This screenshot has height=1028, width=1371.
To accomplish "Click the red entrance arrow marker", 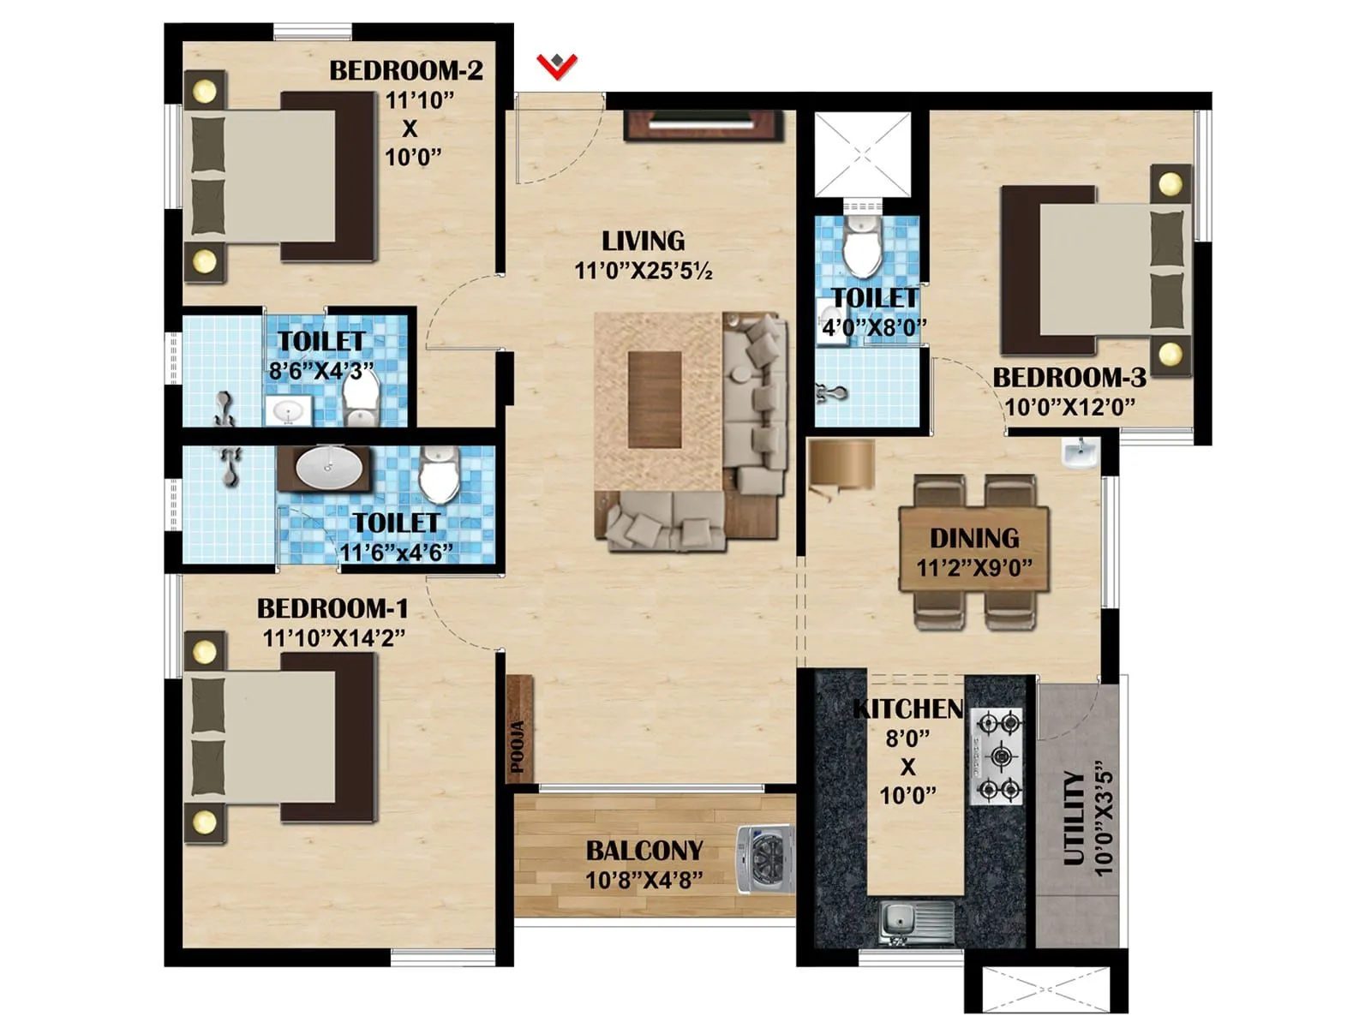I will [x=557, y=65].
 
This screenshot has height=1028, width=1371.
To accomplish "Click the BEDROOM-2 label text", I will [x=406, y=70].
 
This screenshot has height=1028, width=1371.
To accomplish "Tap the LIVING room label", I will [x=643, y=241].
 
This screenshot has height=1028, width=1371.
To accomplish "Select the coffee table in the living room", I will [x=655, y=398].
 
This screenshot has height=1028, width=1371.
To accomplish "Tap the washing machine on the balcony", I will [x=764, y=859].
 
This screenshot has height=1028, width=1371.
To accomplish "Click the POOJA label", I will [x=518, y=747].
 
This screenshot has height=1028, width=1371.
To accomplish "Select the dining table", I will [x=974, y=550].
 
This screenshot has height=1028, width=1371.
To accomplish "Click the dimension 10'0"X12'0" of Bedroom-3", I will [x=1070, y=407].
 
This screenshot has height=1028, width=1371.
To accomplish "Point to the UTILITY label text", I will [x=1074, y=818].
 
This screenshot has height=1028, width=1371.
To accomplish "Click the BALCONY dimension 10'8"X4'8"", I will [x=644, y=880].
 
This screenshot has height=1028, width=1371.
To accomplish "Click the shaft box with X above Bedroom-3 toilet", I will [x=861, y=154].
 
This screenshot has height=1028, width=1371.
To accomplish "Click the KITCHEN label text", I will [x=908, y=709].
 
